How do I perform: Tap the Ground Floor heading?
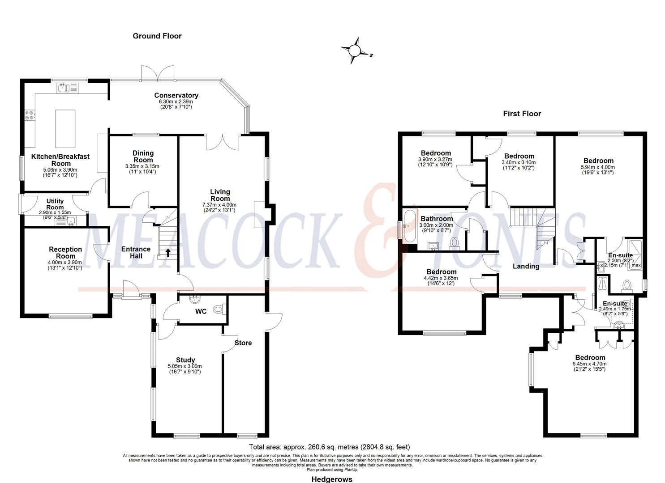pos(157,36)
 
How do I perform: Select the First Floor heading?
pos(522,114)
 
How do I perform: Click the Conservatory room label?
pos(176,95)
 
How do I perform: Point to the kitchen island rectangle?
pos(65,128)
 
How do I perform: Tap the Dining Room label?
pos(143,157)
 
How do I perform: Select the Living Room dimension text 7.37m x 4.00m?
pos(219,205)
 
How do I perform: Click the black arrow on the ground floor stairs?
pos(168,253)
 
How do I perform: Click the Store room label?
pos(243,343)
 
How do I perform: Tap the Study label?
pos(185,360)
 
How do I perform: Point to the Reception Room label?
pos(65,253)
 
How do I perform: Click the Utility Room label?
pos(55,204)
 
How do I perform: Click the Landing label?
pos(526,266)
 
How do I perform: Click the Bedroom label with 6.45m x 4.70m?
pos(590,357)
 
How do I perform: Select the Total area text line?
pos(329,447)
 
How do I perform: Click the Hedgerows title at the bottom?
pos(332,479)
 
